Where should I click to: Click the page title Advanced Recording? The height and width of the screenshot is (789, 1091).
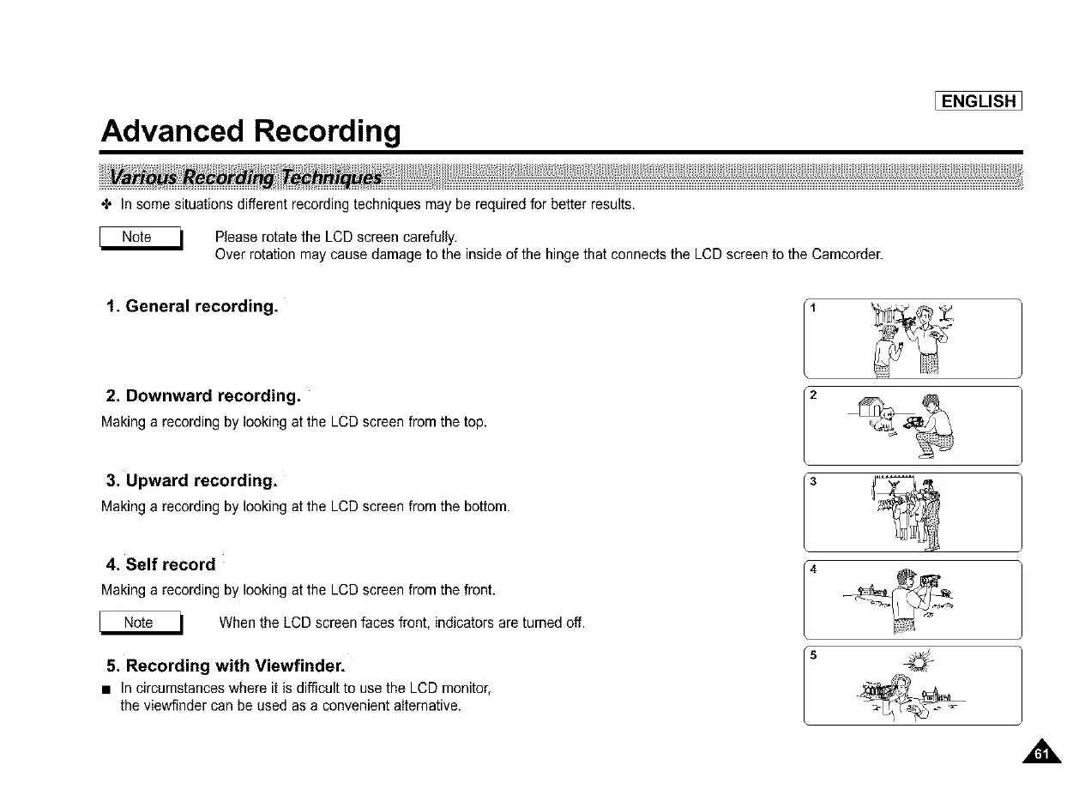(x=250, y=131)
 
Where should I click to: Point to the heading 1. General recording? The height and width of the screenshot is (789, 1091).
(x=191, y=306)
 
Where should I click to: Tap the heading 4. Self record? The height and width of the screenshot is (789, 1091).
(x=160, y=564)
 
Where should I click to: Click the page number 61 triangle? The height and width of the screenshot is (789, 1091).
(x=1041, y=753)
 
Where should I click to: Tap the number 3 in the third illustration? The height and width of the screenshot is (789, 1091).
(x=813, y=481)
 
